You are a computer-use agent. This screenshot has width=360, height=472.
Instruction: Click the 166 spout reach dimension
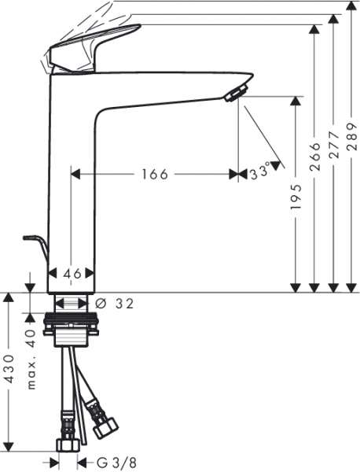[155, 174]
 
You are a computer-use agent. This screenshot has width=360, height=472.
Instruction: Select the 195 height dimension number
[296, 197]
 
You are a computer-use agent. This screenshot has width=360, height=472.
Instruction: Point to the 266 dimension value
[315, 157]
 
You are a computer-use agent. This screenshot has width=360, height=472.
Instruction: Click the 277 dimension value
[333, 145]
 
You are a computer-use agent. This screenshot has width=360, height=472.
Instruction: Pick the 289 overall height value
[351, 137]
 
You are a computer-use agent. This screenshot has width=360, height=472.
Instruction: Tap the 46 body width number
[72, 274]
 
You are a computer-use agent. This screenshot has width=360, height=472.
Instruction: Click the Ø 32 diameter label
[114, 304]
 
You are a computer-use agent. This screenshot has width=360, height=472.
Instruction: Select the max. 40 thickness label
[31, 360]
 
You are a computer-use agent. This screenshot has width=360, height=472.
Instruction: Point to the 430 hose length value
[9, 369]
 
